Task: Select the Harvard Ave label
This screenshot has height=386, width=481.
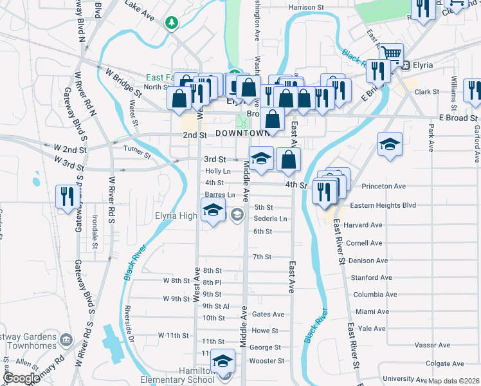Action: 363,225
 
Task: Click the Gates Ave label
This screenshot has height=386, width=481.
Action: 268,315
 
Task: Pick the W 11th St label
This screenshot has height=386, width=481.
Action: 174,336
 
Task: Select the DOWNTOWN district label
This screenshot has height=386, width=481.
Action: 242,133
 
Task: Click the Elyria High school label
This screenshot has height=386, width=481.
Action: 176,216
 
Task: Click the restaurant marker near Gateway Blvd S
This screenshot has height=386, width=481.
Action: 66,196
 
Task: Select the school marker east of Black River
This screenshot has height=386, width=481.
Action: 390,145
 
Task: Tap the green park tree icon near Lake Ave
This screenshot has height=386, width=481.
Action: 171,24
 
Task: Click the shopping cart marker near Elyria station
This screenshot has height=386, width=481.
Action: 390,55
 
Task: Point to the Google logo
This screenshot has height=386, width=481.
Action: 21,378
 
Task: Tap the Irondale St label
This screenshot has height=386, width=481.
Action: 95,232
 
